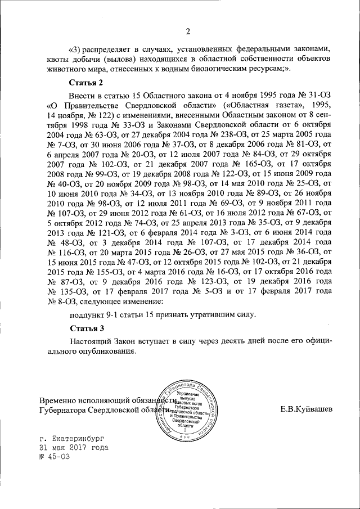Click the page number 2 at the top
pyautogui.click(x=188, y=30)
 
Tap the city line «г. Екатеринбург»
pyautogui.click(x=72, y=437)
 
